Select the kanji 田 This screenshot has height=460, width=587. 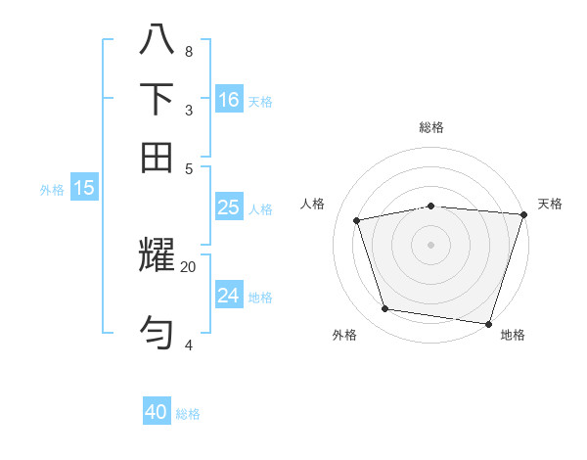pos(157,157)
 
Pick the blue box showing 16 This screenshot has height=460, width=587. pos(229,100)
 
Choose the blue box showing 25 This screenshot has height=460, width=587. pos(229,207)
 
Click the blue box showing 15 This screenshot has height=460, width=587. pos(84,188)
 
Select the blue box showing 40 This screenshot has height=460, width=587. pos(157,412)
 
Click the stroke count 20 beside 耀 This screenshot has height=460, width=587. pos(188,265)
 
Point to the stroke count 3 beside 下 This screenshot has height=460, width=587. pos(188,110)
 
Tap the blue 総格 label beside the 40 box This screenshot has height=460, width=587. pos(188,414)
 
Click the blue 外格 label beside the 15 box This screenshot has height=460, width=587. pos(51,190)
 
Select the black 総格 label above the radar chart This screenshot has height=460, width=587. pos(431,127)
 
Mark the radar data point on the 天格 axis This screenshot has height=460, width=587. pos(523,214)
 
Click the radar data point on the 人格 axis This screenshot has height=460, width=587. pos(357,220)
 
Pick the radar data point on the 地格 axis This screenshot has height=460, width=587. pos(488,323)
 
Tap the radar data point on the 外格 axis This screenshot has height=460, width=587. pos(385,309)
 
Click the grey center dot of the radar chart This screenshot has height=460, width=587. pos(431,244)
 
